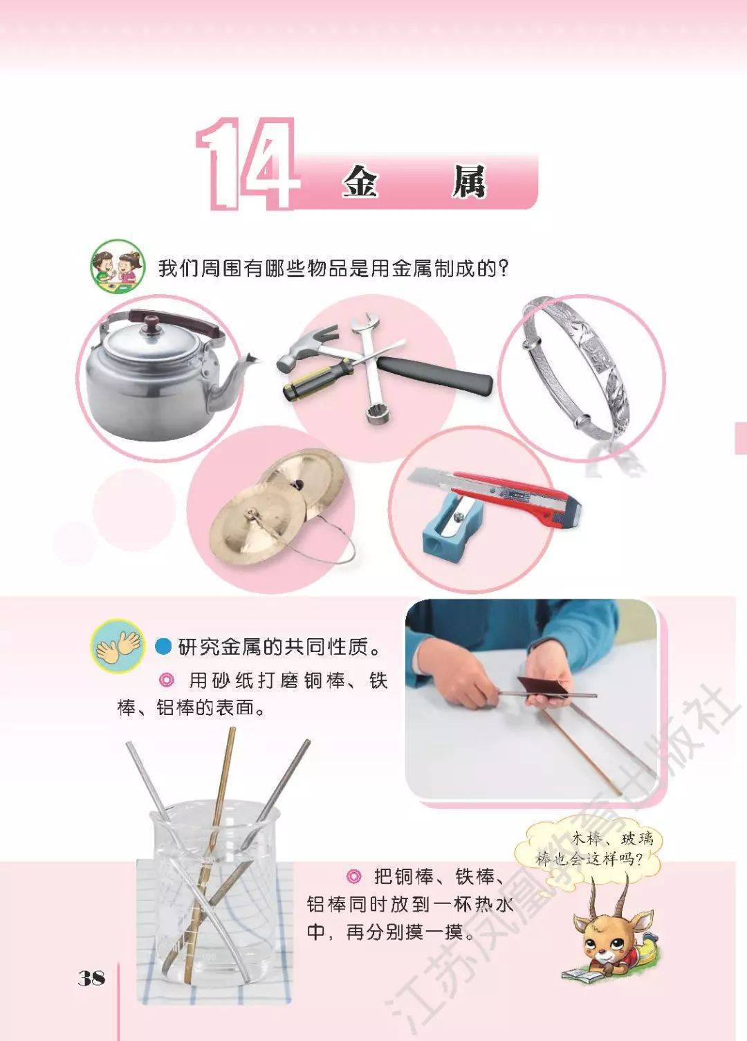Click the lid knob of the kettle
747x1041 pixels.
tap(151, 323)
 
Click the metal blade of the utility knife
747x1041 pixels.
tap(430, 480)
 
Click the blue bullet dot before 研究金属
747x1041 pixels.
tap(163, 646)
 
